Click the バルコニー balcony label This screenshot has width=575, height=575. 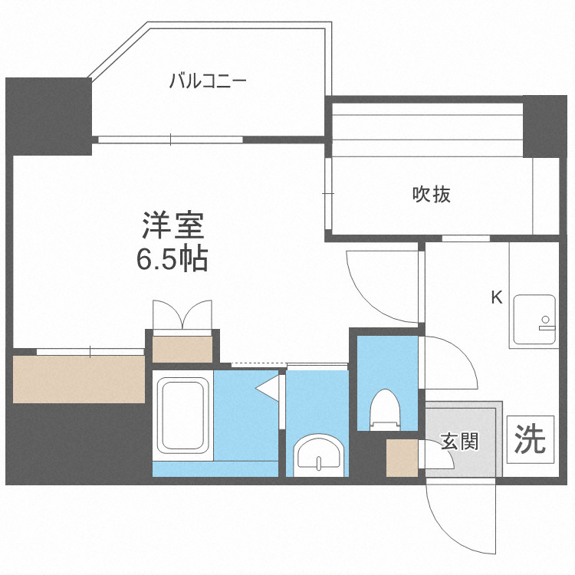(208, 80)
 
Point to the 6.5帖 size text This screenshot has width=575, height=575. (172, 261)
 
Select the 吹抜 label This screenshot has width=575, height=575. (431, 195)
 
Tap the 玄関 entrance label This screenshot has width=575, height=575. (460, 442)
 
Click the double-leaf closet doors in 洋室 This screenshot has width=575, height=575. (182, 315)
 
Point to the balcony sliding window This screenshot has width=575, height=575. (170, 140)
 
